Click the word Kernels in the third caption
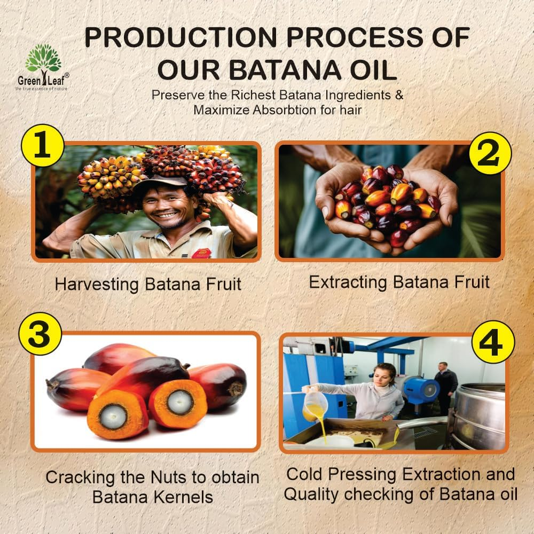tap(183, 497)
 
